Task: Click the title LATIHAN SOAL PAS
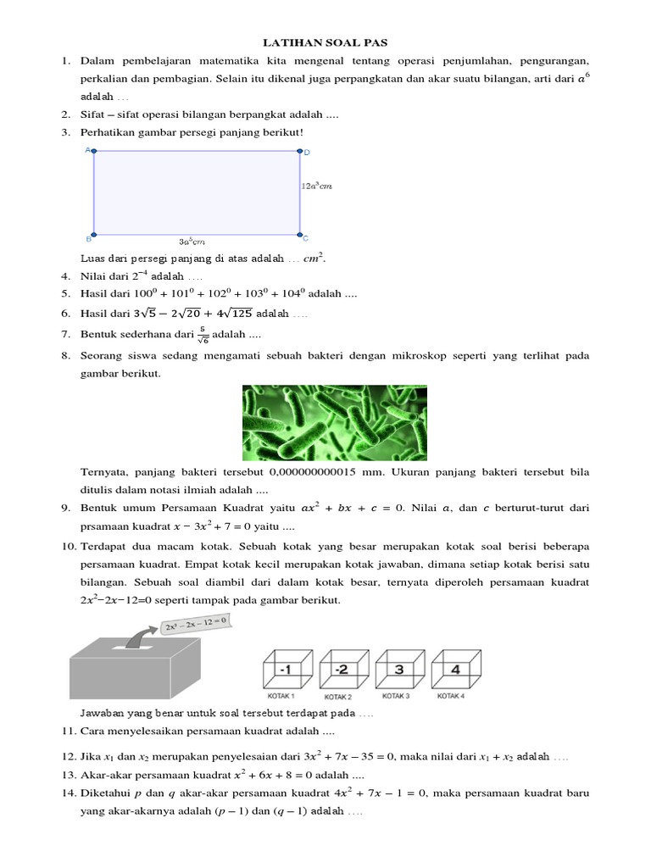click(x=325, y=42)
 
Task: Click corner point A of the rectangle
click(x=94, y=152)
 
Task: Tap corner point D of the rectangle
click(x=299, y=153)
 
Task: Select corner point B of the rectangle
click(x=94, y=234)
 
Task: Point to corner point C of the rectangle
click(x=299, y=234)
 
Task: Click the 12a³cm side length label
click(x=317, y=186)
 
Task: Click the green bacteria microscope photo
click(x=334, y=422)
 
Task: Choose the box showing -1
click(x=287, y=670)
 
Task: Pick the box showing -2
click(x=341, y=670)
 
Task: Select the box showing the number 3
click(x=397, y=670)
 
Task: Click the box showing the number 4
click(x=455, y=670)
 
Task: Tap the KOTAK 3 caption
click(x=396, y=696)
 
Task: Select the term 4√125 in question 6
click(x=230, y=314)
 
